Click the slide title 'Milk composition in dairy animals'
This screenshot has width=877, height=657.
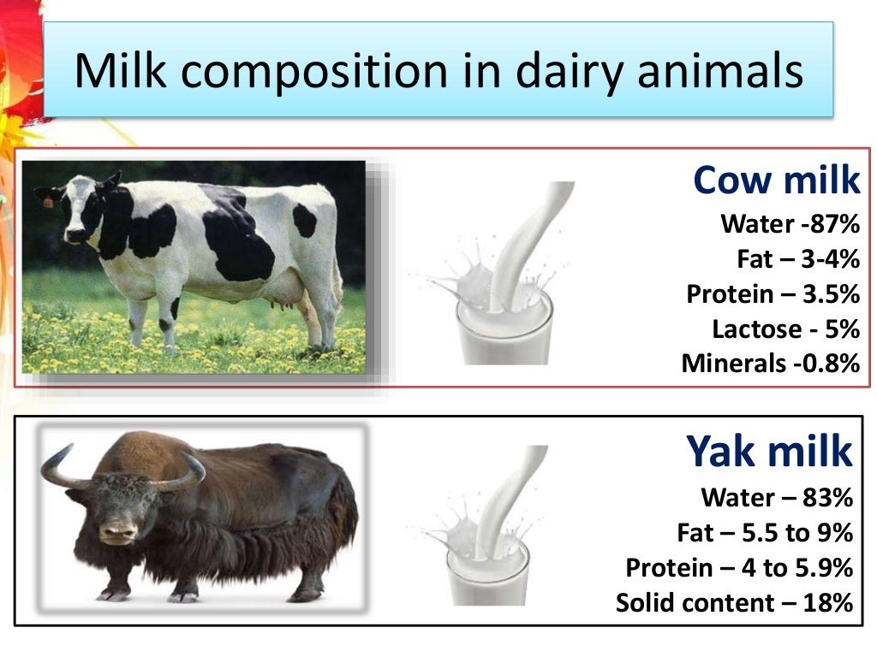[x=438, y=72]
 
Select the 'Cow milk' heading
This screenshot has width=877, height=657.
[x=776, y=181]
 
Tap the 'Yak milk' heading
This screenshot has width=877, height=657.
[x=769, y=451]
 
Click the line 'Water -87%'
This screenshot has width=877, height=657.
[x=790, y=224]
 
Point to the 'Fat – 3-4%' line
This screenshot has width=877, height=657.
[x=797, y=258]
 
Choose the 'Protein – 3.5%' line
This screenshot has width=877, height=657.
[x=773, y=293]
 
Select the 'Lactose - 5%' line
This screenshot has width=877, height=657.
[x=785, y=328]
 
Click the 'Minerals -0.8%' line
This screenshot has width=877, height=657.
[x=770, y=363]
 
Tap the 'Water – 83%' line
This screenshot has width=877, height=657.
[x=777, y=497]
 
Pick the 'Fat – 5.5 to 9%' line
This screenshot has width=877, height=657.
[x=765, y=532]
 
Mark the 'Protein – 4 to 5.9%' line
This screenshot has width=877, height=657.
[x=739, y=567]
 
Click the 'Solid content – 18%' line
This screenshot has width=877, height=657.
[x=734, y=602]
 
